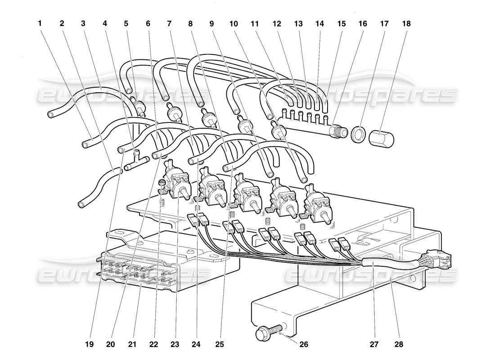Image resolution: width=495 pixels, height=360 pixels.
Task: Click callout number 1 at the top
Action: pos(40,23)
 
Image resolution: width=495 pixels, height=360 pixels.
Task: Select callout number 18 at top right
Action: pos(406,23)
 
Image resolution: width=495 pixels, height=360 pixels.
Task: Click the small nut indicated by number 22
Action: pos(162,183)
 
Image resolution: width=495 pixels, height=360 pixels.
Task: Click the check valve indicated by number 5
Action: pos(136,106)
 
